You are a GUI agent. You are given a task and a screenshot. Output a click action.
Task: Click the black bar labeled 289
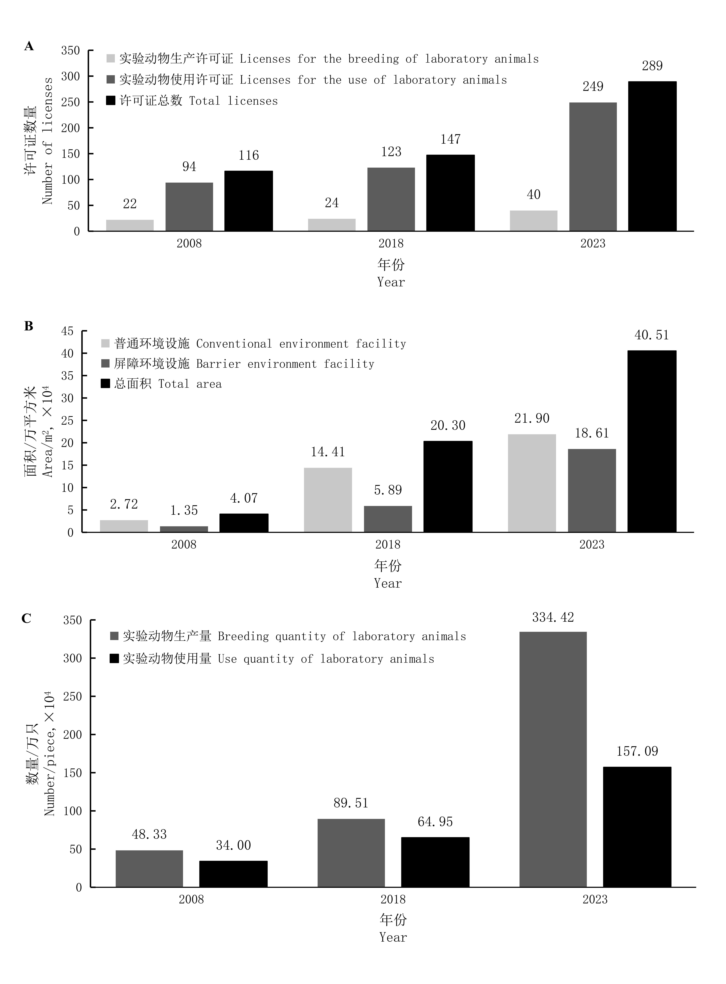[652, 156]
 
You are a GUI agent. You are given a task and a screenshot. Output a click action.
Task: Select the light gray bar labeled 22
[130, 225]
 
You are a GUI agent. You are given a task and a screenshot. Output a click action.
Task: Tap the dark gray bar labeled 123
[391, 199]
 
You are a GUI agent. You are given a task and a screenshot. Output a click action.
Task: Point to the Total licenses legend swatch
[111, 101]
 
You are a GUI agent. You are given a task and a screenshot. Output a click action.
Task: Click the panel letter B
[29, 326]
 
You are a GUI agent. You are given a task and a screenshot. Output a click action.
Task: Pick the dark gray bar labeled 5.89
[388, 519]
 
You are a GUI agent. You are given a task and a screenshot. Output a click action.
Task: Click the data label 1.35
[184, 510]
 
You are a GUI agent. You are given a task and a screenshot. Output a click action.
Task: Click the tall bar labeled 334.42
[553, 759]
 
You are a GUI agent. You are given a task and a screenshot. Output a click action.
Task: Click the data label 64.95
[435, 822]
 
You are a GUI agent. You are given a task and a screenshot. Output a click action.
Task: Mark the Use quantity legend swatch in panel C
[114, 659]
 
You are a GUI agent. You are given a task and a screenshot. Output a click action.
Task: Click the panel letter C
[26, 618]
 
